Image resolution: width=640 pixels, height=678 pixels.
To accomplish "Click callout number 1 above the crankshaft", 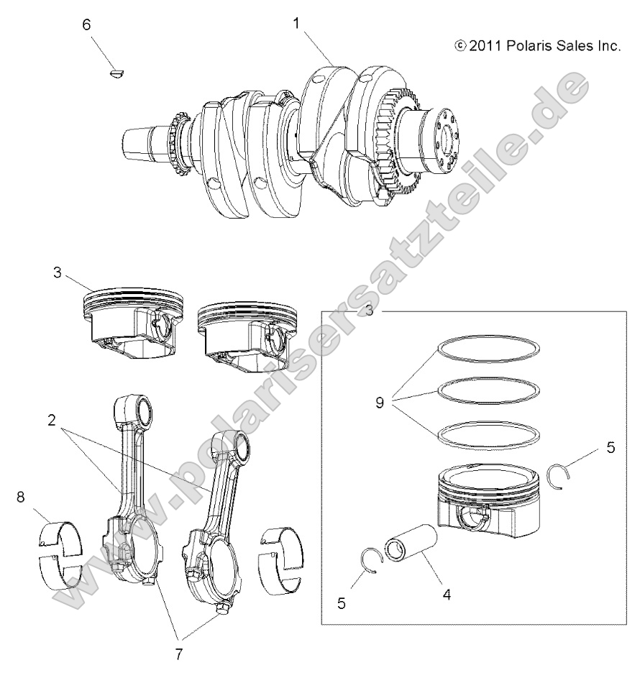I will click(296, 24).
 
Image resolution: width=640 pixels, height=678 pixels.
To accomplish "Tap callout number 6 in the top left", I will click(87, 24).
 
